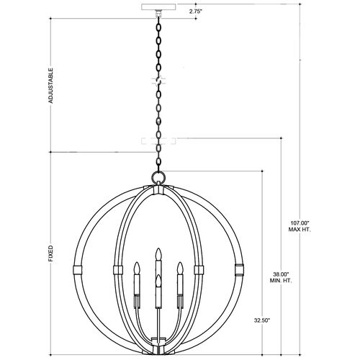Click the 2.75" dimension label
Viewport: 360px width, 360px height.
195,12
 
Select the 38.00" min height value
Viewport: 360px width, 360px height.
281,274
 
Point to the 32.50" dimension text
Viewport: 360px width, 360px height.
262,320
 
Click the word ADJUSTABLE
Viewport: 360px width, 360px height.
50,86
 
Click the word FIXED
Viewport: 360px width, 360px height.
50,253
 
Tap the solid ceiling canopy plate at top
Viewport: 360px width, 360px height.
158,6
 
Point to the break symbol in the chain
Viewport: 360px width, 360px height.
158,81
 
